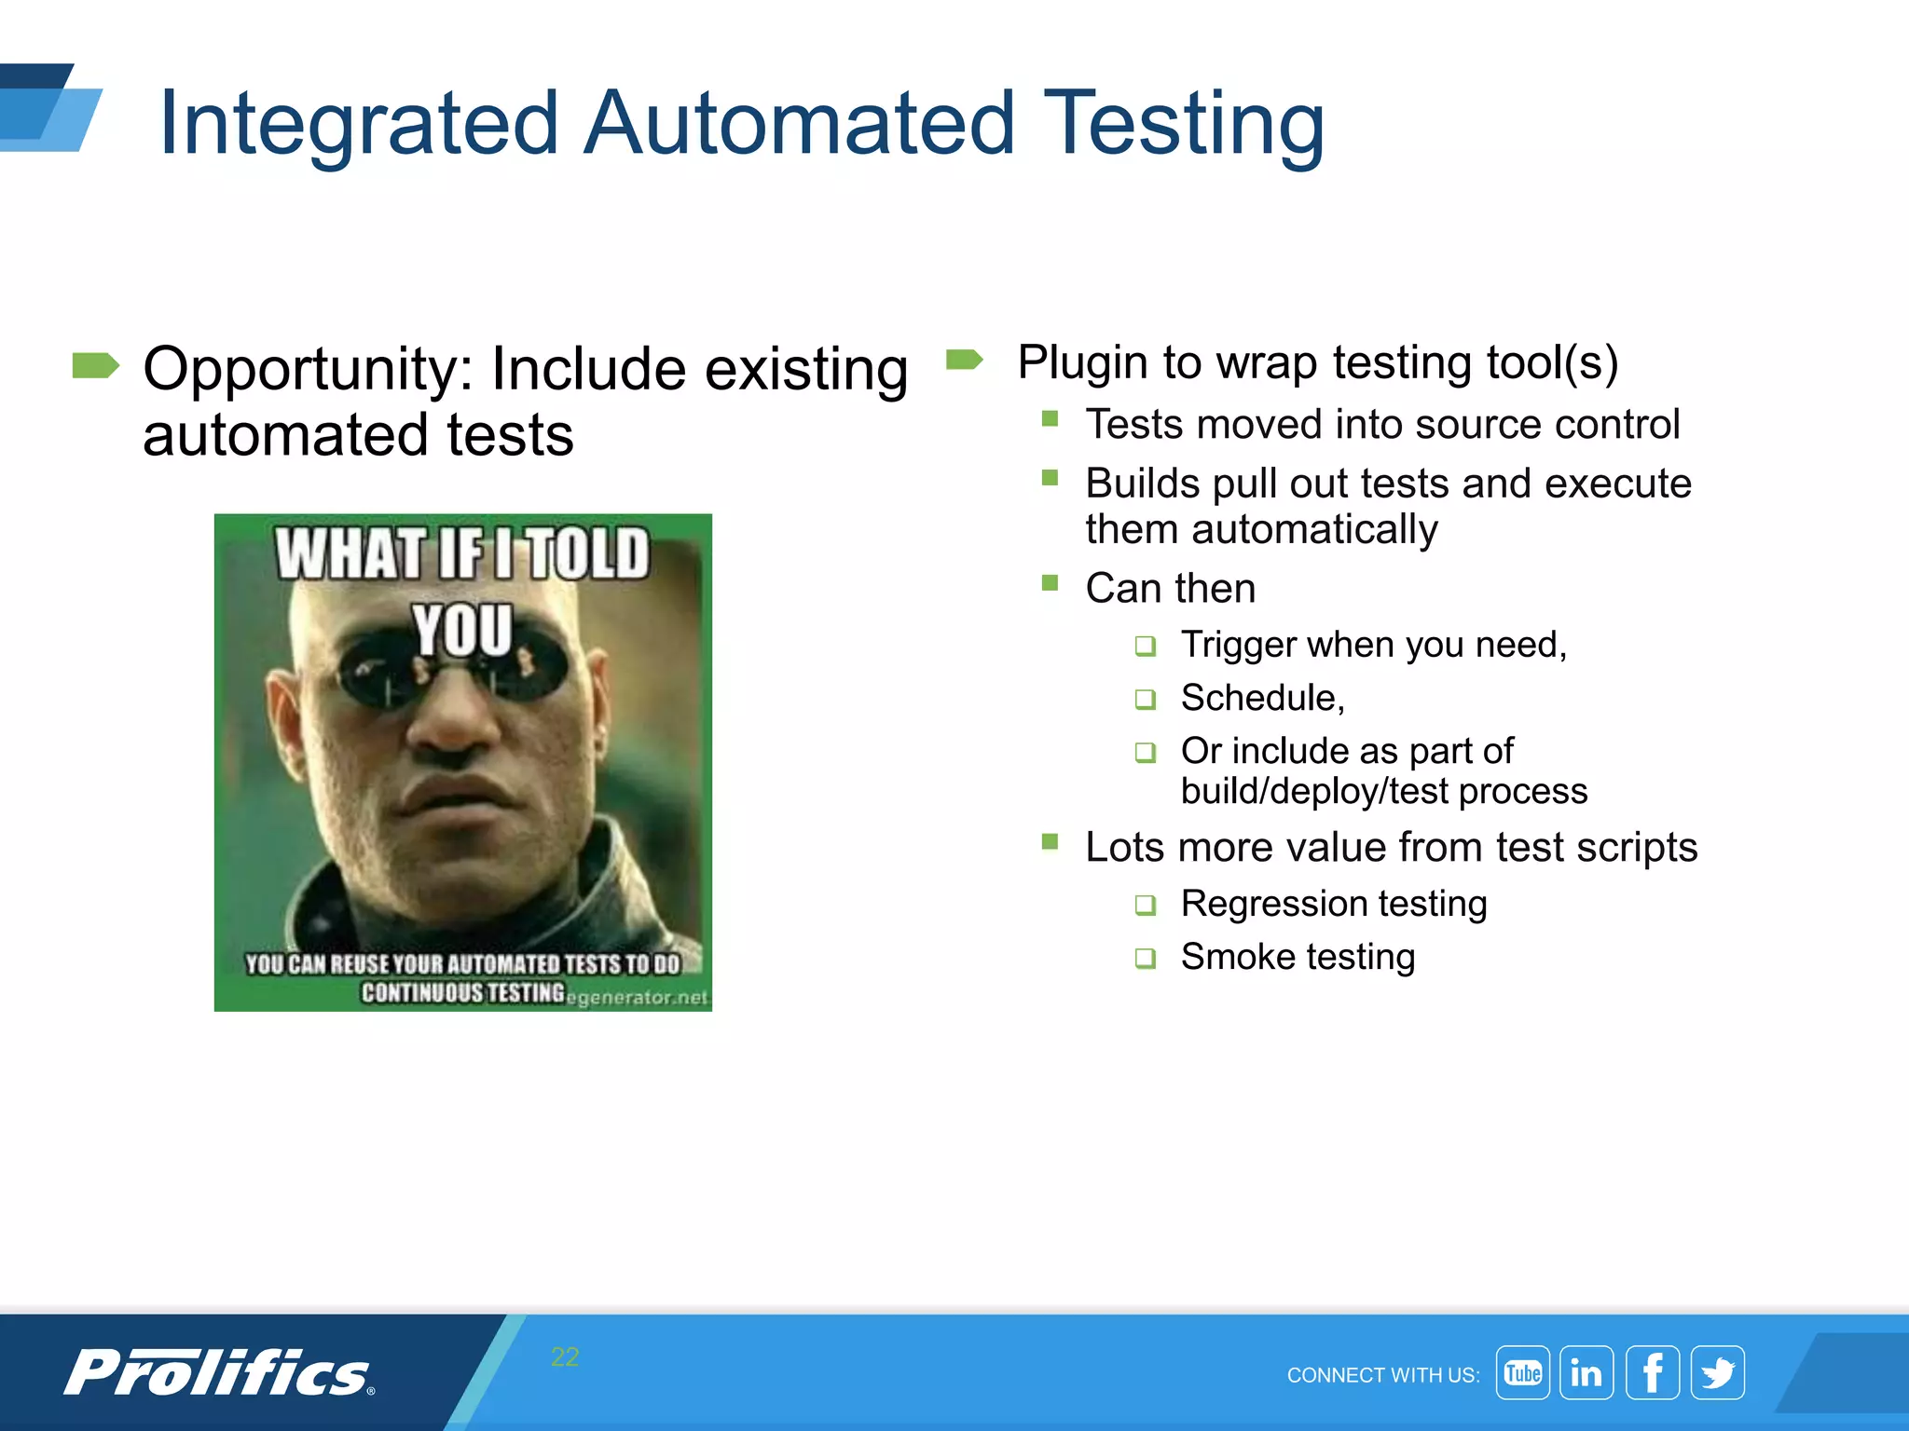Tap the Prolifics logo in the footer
pos(219,1372)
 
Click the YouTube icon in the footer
pos(1522,1372)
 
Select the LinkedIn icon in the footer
pos(1586,1372)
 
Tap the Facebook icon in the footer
pos(1652,1372)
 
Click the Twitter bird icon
pos(1717,1372)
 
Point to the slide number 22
pos(565,1356)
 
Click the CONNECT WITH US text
pos(1382,1375)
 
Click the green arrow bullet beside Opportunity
pos(95,366)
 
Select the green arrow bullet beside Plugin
pos(964,360)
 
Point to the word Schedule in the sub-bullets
pos(1260,698)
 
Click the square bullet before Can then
pos(1050,583)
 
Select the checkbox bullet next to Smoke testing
pos(1145,958)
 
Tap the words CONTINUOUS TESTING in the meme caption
pos(463,992)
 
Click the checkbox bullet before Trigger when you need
pos(1145,646)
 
